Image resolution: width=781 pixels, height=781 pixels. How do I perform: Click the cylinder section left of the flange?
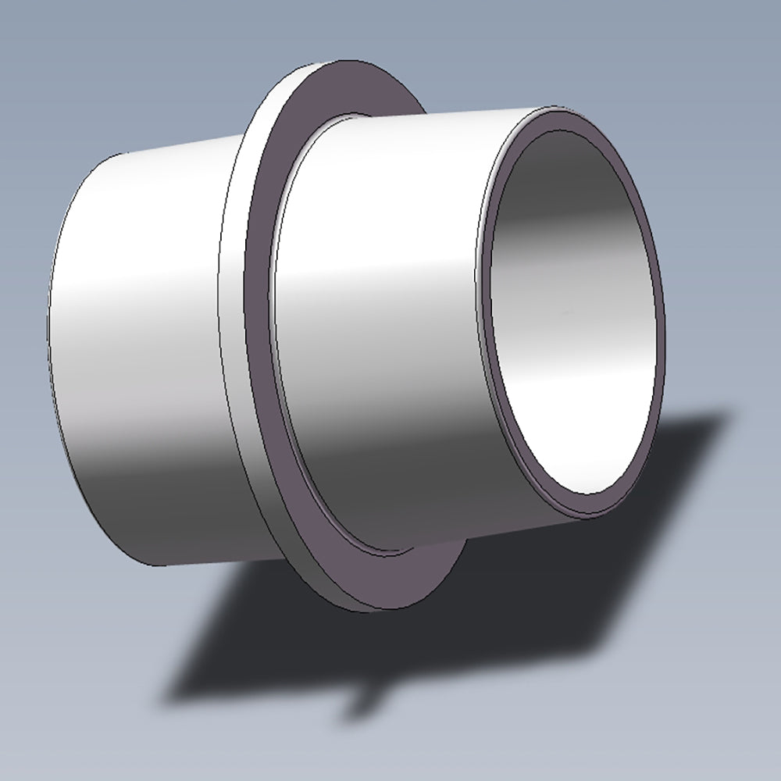(141, 351)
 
